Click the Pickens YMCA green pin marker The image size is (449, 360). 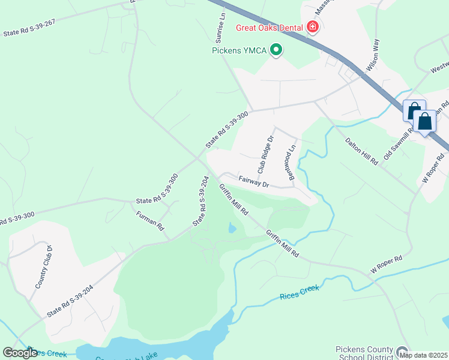(x=276, y=50)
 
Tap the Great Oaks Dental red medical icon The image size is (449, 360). (x=312, y=27)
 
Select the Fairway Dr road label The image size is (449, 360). (x=253, y=181)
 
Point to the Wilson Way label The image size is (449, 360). (x=373, y=56)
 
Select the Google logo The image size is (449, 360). (x=20, y=353)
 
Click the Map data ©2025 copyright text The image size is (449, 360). (x=423, y=355)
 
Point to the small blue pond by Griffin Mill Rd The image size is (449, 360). (x=232, y=228)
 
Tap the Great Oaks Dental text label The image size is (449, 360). (x=269, y=28)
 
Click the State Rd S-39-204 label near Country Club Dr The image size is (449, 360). (x=70, y=302)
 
